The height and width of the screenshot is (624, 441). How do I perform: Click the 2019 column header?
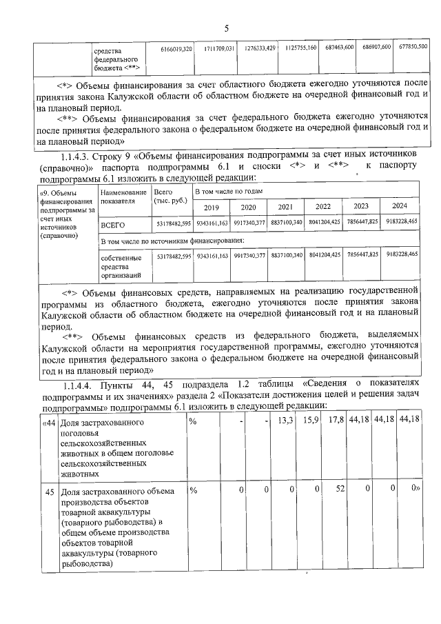(x=210, y=207)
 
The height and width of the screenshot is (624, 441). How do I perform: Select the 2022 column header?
(x=322, y=207)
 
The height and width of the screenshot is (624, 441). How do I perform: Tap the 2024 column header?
(x=398, y=207)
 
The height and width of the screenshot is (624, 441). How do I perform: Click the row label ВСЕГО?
(x=113, y=225)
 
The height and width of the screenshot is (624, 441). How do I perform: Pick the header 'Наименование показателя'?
(x=123, y=198)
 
